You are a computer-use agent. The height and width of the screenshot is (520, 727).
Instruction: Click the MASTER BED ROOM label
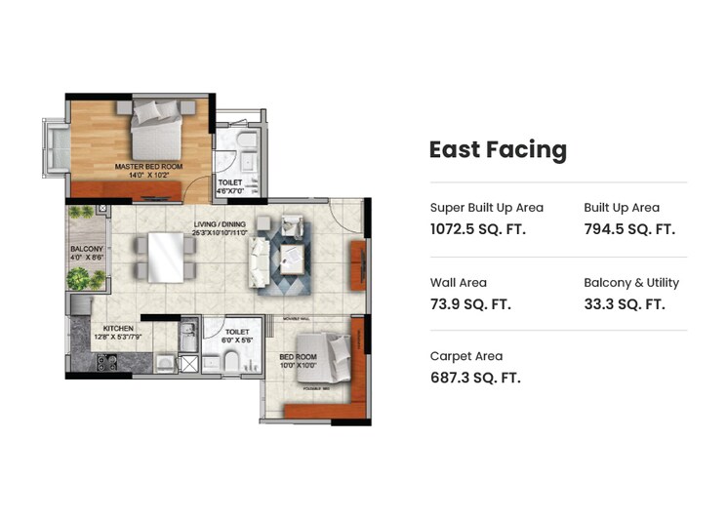[148, 167]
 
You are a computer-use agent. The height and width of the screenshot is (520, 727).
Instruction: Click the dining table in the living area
[164, 258]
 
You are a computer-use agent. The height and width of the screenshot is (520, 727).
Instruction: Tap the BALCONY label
[85, 250]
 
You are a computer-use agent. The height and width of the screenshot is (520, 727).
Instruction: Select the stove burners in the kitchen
[106, 364]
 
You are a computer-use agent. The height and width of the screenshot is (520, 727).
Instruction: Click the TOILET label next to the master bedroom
[230, 181]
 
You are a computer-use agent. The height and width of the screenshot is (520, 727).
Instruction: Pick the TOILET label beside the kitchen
[237, 332]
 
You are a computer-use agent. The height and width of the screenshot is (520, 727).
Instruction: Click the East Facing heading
[498, 149]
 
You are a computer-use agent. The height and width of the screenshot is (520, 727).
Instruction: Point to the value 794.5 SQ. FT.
[628, 229]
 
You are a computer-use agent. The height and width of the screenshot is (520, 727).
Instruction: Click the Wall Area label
[458, 283]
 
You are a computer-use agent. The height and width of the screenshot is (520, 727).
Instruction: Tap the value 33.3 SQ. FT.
[624, 304]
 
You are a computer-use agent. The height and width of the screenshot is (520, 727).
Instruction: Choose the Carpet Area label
[465, 356]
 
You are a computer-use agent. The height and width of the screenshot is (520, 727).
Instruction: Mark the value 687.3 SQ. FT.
[475, 378]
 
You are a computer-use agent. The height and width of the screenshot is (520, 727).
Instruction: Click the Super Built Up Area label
[486, 208]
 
